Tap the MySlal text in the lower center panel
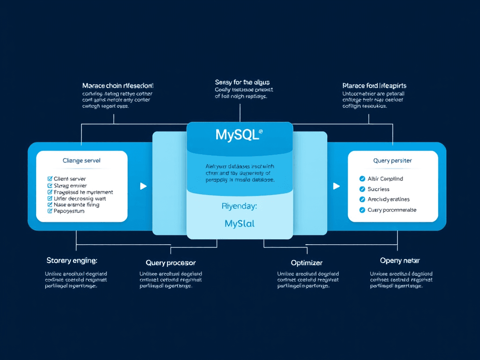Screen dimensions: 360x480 point(240,224)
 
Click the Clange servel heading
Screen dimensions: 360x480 point(82,161)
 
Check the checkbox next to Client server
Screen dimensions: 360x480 point(50,179)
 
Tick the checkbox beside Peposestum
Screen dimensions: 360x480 point(50,211)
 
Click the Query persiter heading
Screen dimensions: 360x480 point(393,161)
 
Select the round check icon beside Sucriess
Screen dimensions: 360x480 point(362,189)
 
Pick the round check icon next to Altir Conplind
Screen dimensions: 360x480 point(362,179)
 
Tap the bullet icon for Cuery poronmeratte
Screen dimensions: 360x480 point(362,210)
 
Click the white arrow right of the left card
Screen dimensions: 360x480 point(143,186)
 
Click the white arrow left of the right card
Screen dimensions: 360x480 point(336,186)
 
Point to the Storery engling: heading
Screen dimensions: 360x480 point(72,260)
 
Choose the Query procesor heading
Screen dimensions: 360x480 point(171,262)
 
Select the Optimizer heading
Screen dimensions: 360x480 point(307,262)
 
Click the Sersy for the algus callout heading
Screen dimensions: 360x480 point(242,82)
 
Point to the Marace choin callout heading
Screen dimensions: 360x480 point(118,86)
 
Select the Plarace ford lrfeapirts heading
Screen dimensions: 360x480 point(375,86)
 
